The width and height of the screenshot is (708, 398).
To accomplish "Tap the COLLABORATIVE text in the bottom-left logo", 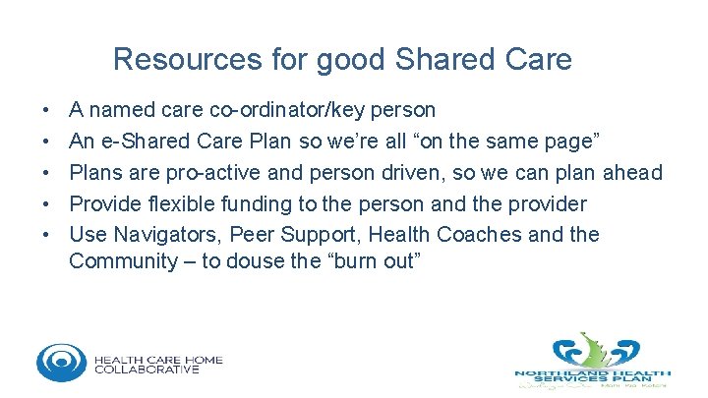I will click(147, 370).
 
